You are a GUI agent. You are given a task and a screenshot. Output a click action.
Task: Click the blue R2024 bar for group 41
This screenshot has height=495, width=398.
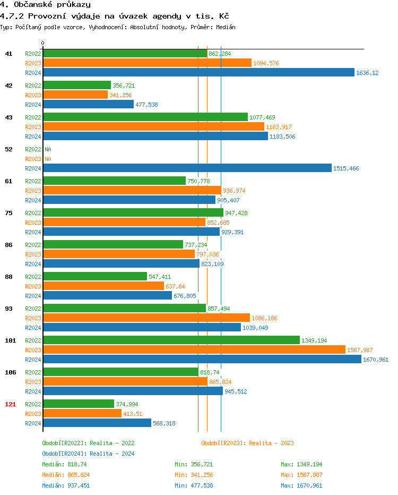[x=198, y=73]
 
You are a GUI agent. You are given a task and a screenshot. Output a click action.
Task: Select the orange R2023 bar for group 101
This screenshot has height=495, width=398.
[x=194, y=350]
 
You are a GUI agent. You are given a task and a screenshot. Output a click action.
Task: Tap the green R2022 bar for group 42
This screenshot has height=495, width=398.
[x=77, y=86]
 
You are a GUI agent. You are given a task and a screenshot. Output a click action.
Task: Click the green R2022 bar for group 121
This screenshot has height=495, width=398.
[x=79, y=404]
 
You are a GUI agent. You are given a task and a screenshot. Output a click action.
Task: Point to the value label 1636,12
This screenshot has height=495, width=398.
[x=367, y=73]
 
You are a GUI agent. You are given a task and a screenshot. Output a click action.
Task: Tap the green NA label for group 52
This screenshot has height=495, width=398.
[x=48, y=149]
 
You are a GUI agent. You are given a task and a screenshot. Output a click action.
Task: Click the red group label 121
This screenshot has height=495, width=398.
[x=10, y=404]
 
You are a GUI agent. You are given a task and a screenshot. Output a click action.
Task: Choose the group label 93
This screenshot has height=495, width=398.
[x=8, y=309]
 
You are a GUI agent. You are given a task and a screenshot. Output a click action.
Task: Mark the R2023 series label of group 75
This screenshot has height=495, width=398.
[x=33, y=223]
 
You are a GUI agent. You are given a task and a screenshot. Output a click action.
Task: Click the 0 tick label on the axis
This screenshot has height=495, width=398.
[x=43, y=43]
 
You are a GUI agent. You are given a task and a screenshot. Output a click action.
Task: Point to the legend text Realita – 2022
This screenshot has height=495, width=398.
[x=112, y=443]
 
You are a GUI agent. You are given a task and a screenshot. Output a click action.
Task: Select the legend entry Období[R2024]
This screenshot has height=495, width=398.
[x=64, y=454]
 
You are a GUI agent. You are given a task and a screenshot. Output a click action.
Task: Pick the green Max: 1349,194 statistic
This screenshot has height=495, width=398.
[x=301, y=464]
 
